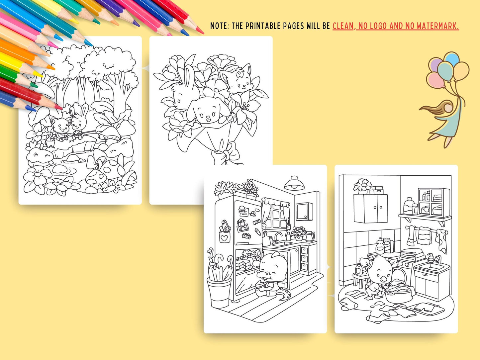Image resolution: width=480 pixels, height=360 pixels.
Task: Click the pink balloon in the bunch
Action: pyautogui.click(x=435, y=80)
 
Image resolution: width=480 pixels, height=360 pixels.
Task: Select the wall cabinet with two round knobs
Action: pyautogui.click(x=371, y=208)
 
